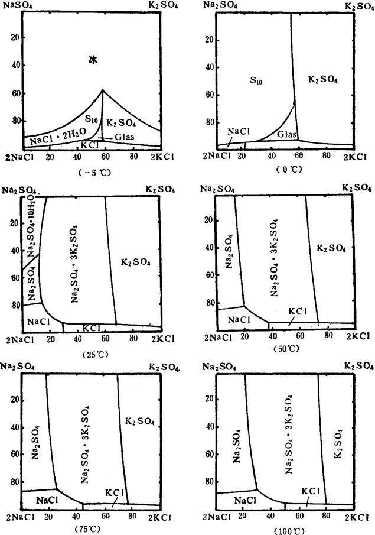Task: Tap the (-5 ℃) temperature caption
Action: click(94, 173)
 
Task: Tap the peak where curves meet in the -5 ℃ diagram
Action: click(103, 90)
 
